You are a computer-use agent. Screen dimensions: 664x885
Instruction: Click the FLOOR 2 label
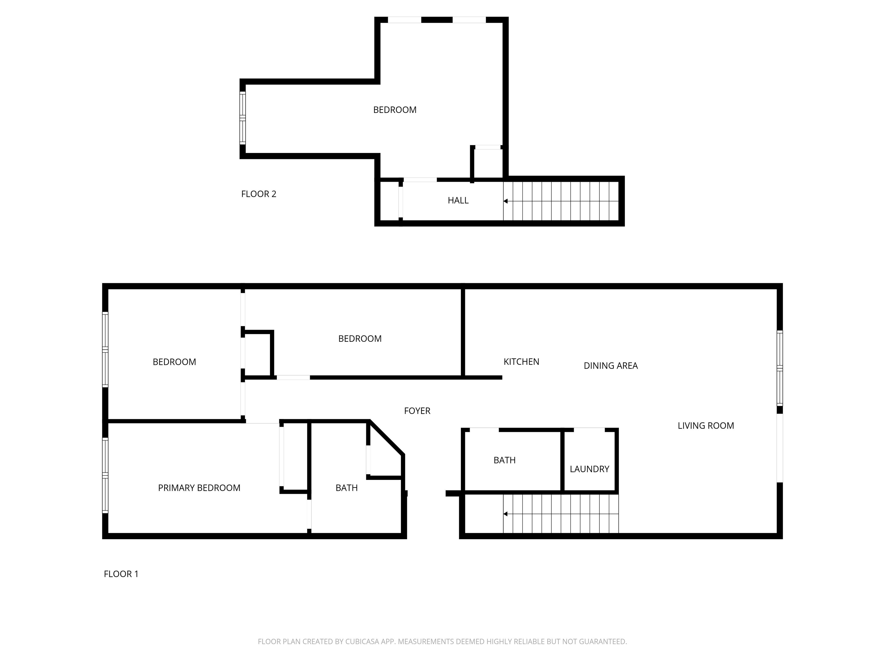tap(258, 194)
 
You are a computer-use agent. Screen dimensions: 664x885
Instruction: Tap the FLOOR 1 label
tap(121, 574)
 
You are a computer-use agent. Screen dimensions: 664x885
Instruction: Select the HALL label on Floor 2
tap(458, 201)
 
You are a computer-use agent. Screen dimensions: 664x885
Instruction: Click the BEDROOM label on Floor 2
tap(394, 110)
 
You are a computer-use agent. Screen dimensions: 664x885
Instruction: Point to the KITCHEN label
tap(521, 362)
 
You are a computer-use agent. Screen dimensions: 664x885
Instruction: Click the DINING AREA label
tap(610, 366)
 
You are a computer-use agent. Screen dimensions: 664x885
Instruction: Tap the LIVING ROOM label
tap(705, 426)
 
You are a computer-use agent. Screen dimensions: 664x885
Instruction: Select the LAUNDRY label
tap(589, 469)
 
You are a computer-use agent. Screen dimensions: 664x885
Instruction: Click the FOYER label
tap(417, 411)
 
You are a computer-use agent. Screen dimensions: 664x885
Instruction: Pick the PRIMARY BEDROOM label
tap(199, 488)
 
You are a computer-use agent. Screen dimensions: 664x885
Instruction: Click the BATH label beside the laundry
tap(504, 460)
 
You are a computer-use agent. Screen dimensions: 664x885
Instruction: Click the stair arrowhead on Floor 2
tap(506, 201)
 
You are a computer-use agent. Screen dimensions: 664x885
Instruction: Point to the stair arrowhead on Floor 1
tap(506, 514)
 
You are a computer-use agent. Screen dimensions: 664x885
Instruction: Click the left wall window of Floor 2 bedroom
tap(243, 118)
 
